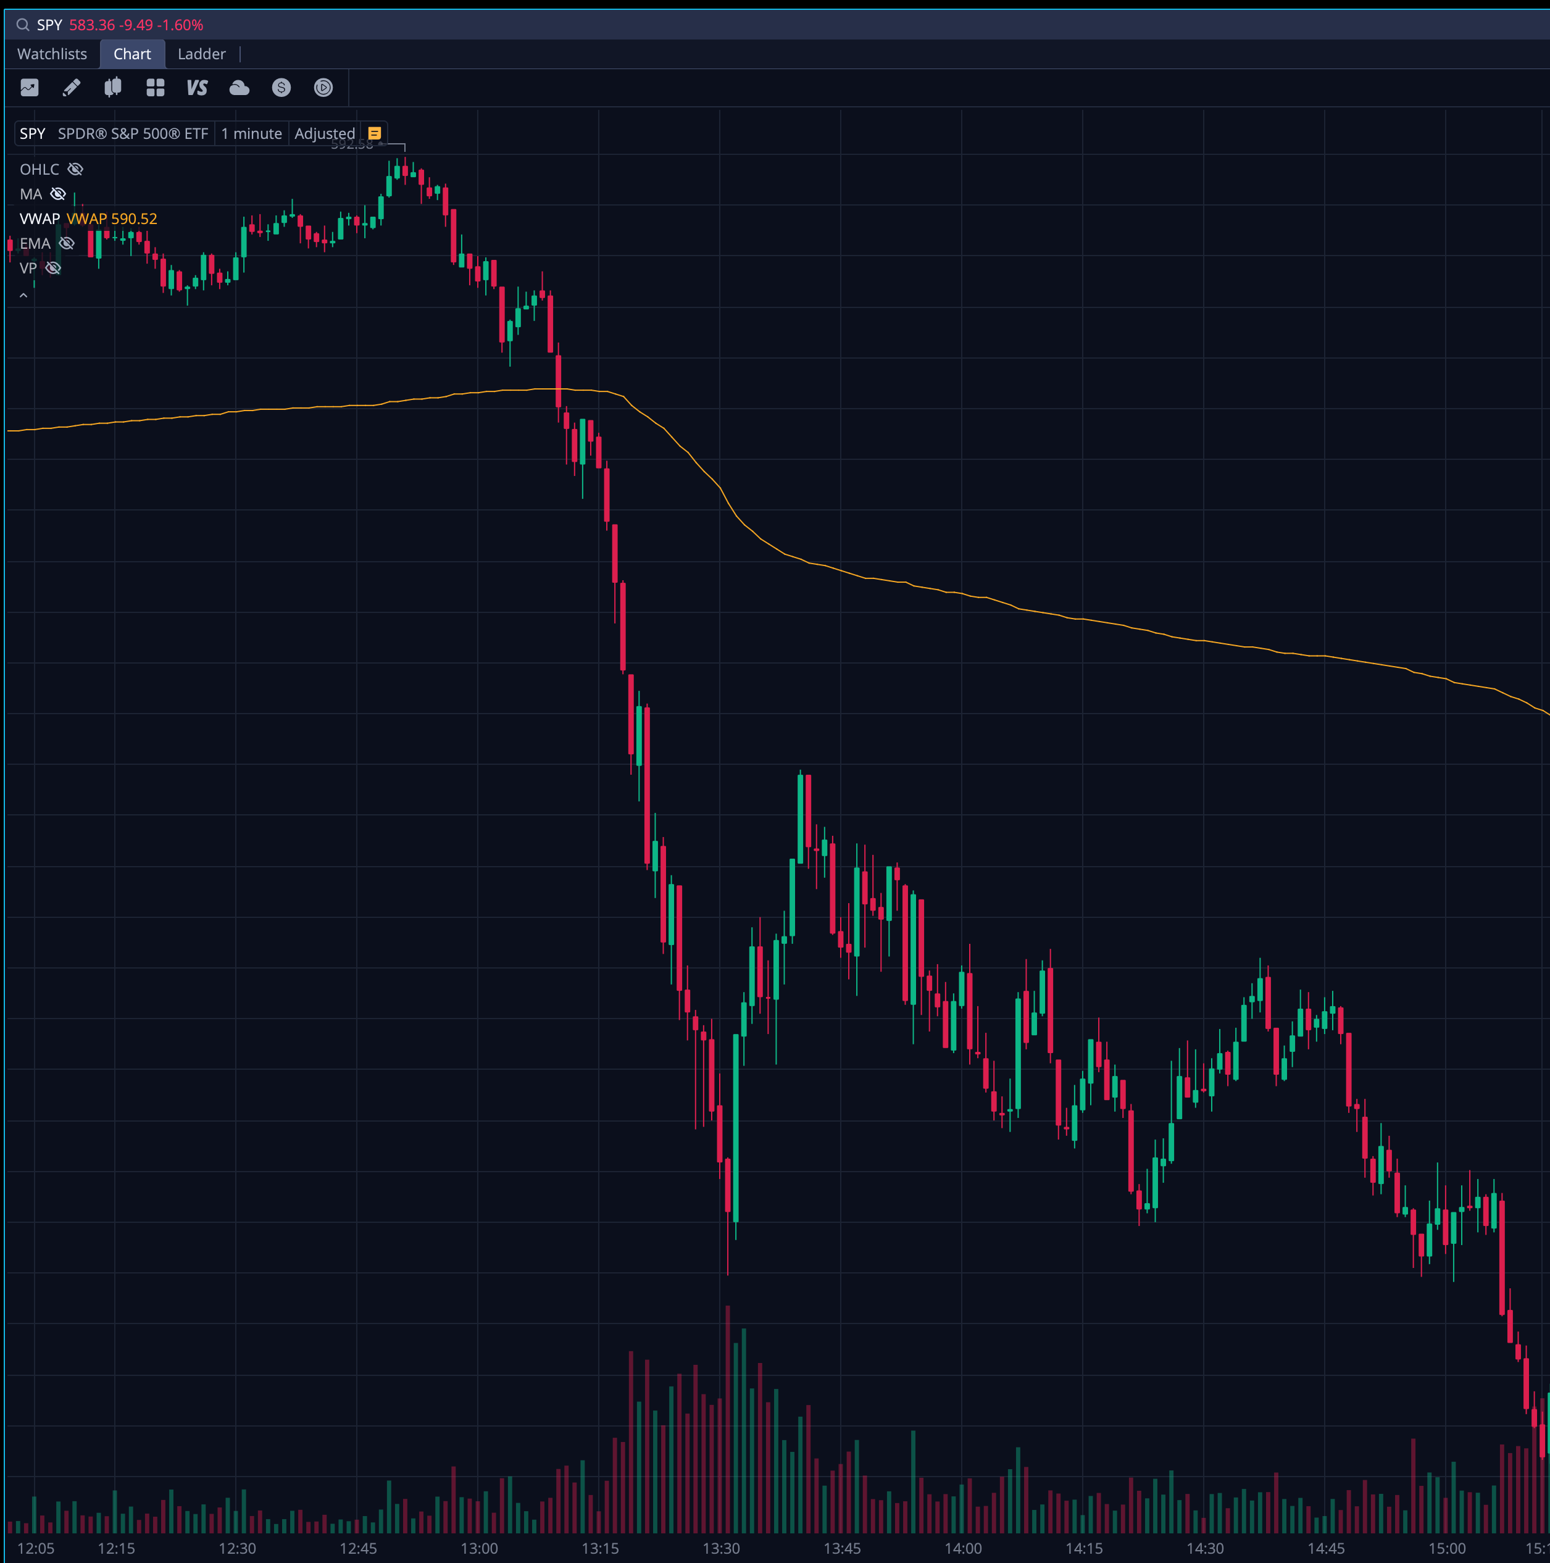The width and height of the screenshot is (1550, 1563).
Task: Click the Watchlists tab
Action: [52, 54]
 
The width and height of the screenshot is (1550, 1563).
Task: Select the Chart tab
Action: [132, 54]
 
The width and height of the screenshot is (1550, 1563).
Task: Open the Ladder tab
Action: [201, 54]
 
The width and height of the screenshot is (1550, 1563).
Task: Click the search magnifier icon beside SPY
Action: [23, 25]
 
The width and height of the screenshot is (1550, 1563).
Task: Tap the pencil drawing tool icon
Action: [71, 88]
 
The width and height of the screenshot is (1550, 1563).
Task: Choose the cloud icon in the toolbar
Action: [240, 88]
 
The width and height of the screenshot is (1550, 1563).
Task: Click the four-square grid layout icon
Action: [156, 88]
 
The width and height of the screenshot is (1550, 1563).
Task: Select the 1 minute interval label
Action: [252, 133]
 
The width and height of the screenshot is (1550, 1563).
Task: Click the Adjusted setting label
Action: [325, 133]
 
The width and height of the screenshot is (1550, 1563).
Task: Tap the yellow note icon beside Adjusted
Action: [375, 133]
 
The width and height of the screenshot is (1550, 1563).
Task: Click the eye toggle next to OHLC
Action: [75, 169]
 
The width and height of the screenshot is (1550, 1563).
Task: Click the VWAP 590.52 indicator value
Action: [112, 219]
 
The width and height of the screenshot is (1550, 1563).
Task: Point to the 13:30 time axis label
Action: [721, 1548]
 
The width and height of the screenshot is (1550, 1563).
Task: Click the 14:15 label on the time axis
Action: [1084, 1548]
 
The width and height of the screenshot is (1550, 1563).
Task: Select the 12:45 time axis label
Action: [357, 1548]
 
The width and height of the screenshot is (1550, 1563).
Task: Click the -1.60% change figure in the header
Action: [183, 25]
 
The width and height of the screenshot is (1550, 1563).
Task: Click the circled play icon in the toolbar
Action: [323, 88]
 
